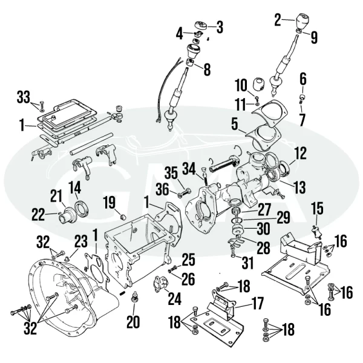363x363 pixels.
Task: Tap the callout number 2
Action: click(278, 20)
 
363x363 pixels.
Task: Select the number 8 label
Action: click(207, 70)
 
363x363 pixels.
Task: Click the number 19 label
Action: click(108, 201)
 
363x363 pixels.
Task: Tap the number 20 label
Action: click(132, 322)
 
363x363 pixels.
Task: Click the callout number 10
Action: click(240, 84)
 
